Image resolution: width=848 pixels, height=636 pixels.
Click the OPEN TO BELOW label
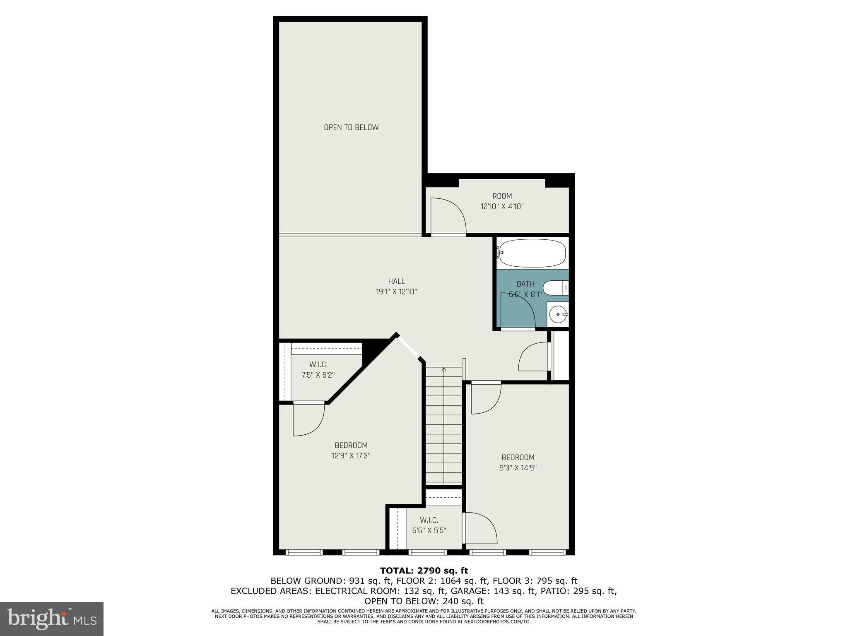[351, 128]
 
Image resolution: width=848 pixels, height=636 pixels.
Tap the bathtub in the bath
[532, 253]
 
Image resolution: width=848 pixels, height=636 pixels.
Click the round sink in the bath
[558, 315]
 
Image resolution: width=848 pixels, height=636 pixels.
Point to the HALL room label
[396, 282]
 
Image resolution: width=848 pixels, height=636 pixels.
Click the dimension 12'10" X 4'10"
[502, 207]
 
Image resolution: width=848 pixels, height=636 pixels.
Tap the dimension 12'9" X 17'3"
[351, 456]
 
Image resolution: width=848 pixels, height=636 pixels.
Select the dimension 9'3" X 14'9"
[518, 468]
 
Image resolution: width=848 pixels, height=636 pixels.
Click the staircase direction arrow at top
[444, 369]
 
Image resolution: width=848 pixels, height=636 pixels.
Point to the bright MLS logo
[52, 619]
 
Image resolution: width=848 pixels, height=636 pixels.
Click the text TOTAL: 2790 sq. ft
[424, 571]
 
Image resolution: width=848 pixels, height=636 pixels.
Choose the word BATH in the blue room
[525, 284]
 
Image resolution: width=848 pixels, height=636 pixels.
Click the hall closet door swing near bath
[533, 357]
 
